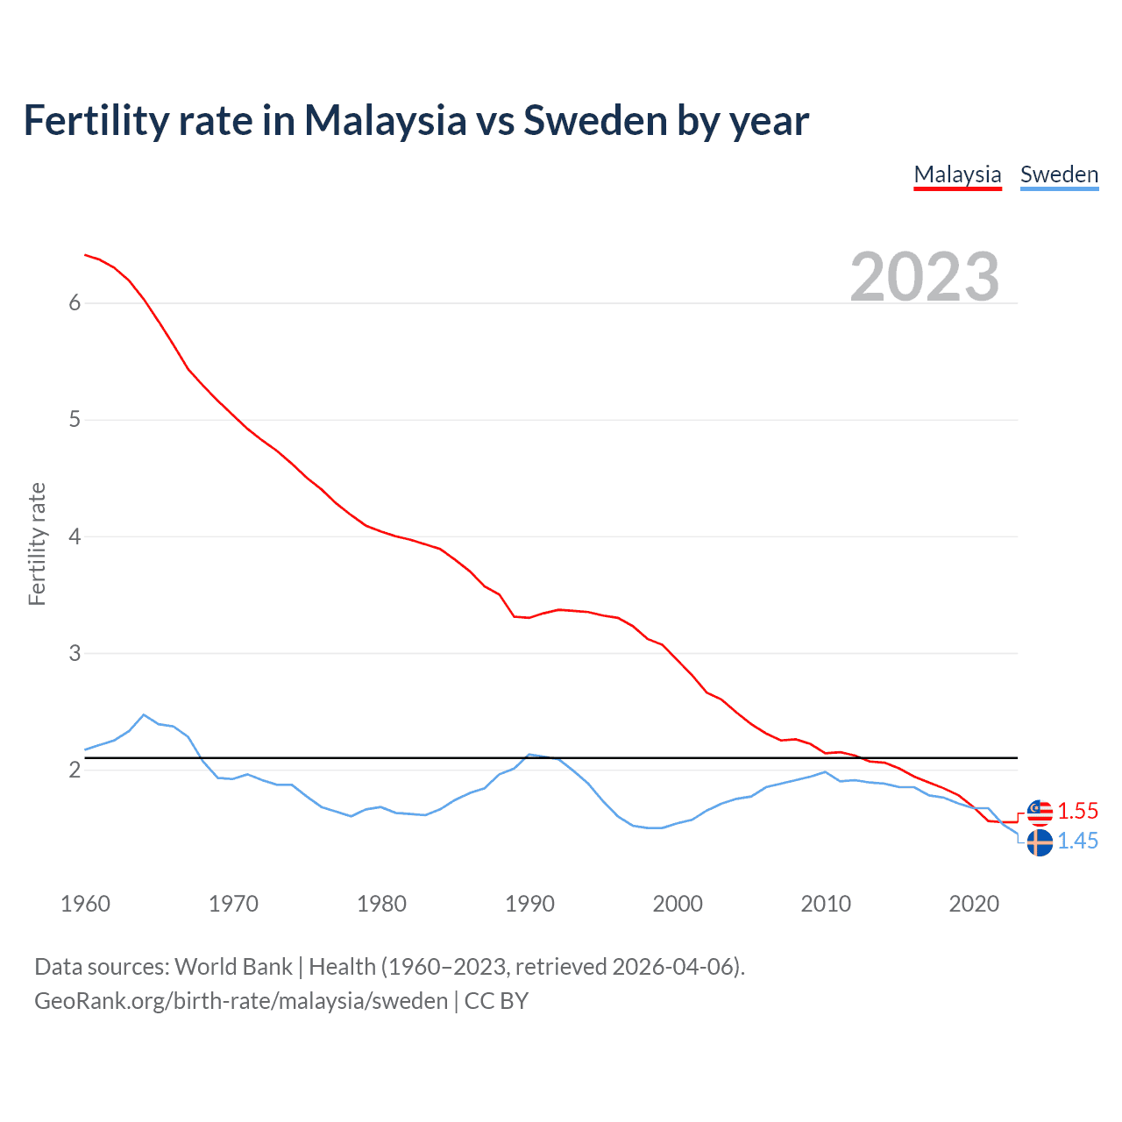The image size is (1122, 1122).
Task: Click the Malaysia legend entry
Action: point(957,174)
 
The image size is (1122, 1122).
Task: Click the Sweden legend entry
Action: point(1059,174)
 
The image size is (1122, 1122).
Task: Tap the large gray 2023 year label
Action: point(925,277)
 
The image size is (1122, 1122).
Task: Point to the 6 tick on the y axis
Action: point(75,303)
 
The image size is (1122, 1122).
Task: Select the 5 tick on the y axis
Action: point(75,420)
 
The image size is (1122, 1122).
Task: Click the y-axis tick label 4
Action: point(75,536)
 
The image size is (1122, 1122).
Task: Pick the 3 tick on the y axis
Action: point(75,653)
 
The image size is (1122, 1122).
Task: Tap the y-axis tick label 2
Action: point(75,770)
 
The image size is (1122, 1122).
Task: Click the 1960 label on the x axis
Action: point(85,904)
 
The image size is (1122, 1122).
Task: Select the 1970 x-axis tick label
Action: point(233,904)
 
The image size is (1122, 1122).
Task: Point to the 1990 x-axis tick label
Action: point(529,904)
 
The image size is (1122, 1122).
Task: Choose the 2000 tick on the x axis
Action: point(678,904)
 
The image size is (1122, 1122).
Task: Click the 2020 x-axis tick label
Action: point(974,904)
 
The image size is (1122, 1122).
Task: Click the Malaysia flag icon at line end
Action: point(1040,813)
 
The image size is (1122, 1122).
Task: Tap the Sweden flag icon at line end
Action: point(1040,843)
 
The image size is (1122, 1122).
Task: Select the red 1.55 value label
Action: point(1077,812)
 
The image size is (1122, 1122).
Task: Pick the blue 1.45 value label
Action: point(1077,841)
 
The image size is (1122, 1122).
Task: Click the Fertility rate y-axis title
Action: point(37,543)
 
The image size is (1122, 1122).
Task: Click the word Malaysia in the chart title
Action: point(385,120)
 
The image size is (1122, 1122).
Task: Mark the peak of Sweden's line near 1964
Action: point(144,714)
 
